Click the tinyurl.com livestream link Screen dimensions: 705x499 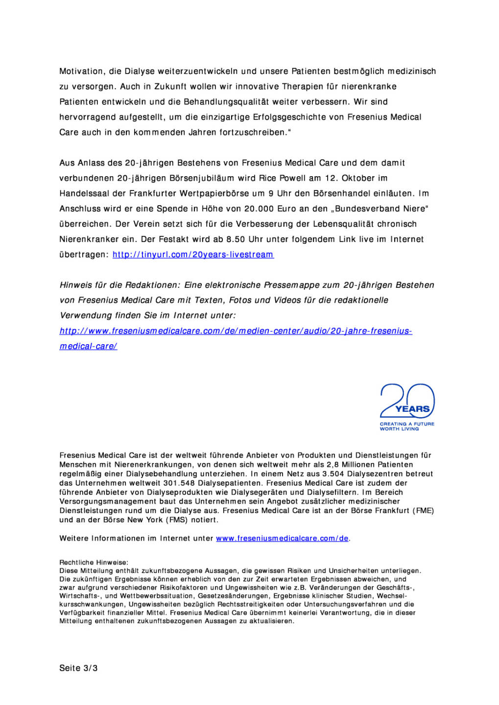pyautogui.click(x=193, y=255)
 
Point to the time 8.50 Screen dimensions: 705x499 pyautogui.click(x=235, y=239)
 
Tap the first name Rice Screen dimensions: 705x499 pyautogui.click(x=267, y=178)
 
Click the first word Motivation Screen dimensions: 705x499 pyautogui.click(x=81, y=71)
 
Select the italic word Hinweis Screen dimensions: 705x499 pyautogui.click(x=76, y=285)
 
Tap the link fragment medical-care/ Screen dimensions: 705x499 pyautogui.click(x=88, y=346)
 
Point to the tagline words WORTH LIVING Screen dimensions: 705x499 pyautogui.click(x=399, y=429)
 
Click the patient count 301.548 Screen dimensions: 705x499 pyautogui.click(x=179, y=483)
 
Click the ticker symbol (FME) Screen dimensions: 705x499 pyautogui.click(x=424, y=511)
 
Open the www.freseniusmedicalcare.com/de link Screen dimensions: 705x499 pyautogui.click(x=282, y=539)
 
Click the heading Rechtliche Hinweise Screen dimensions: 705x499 pyautogui.click(x=94, y=563)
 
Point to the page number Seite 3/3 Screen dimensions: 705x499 pyautogui.click(x=78, y=668)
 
